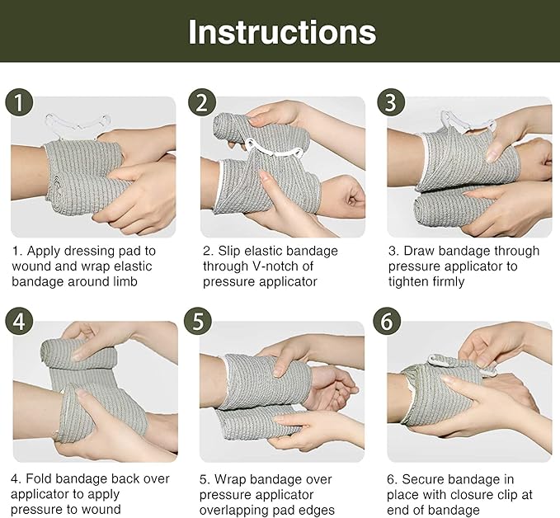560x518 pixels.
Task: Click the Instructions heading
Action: point(281,31)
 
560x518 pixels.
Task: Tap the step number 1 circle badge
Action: point(20,104)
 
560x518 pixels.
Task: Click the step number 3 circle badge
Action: point(391,104)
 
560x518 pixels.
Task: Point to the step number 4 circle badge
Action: point(20,322)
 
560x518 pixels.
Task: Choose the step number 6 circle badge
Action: point(391,322)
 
